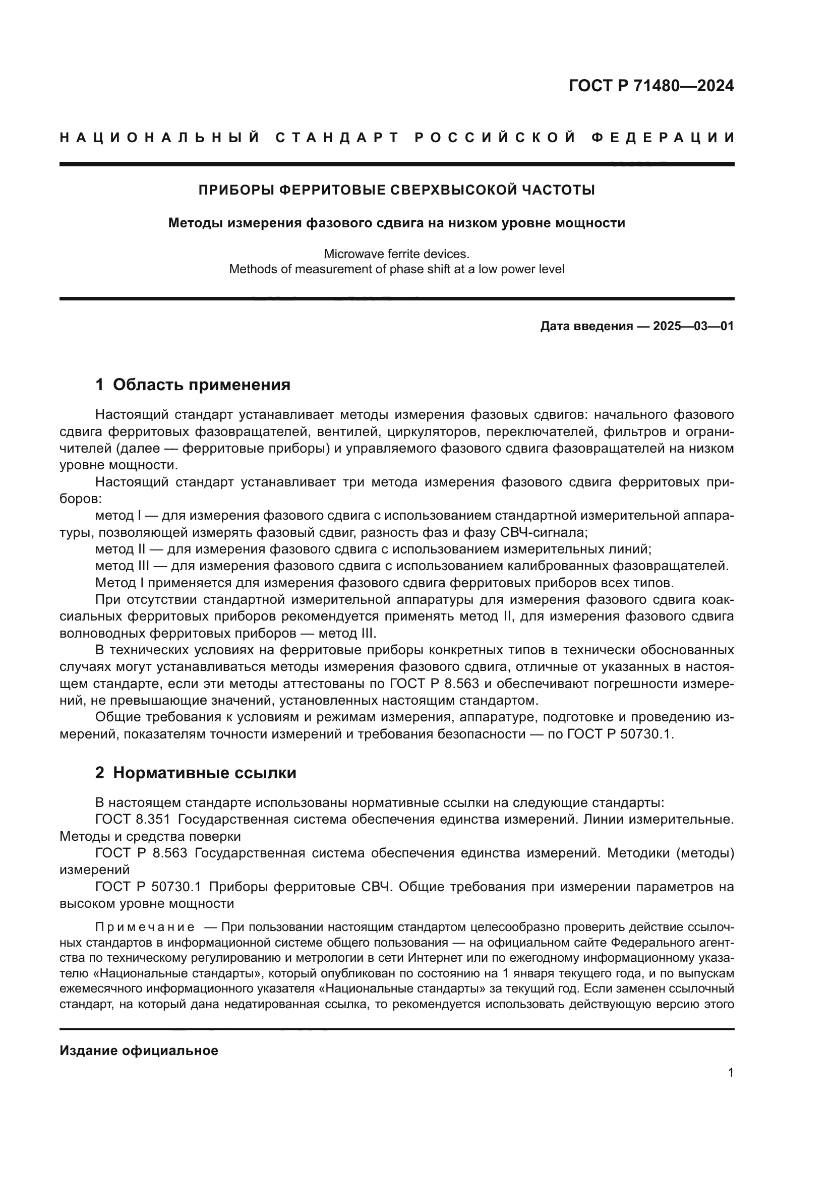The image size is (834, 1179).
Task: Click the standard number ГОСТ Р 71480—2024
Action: click(x=651, y=86)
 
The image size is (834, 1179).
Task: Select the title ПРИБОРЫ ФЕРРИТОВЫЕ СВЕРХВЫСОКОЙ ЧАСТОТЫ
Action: click(x=396, y=191)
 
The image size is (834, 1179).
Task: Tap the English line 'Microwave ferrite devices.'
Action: click(x=396, y=254)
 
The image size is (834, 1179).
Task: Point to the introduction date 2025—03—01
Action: click(x=693, y=326)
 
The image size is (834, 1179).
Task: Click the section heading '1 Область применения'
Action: click(x=193, y=385)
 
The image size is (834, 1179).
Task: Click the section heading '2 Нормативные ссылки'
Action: click(x=196, y=773)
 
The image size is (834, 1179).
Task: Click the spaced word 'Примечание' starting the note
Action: click(x=145, y=927)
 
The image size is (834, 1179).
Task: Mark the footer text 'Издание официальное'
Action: click(x=139, y=1050)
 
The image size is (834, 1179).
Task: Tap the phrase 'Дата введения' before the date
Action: click(x=586, y=326)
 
